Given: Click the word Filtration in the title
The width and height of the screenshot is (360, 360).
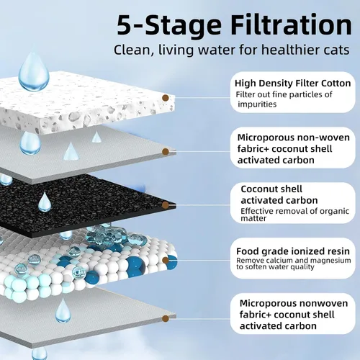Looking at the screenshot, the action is tap(292, 25).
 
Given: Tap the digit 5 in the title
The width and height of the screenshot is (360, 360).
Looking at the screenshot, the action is tap(125, 26).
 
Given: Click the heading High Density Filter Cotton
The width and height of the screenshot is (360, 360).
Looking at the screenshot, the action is tap(293, 84).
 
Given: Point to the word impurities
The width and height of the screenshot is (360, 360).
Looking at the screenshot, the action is tap(257, 104).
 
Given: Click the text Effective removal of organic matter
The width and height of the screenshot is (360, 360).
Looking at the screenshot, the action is tap(294, 215).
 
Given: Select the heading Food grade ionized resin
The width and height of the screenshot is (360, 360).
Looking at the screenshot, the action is tap(293, 251).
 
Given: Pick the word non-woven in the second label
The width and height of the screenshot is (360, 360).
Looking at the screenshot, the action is tap(323, 138).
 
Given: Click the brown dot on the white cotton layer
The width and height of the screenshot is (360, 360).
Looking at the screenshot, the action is tap(166, 98).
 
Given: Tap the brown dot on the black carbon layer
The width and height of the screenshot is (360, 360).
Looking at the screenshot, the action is tap(166, 205).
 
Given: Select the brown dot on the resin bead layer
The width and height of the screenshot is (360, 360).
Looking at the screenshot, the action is tap(166, 260).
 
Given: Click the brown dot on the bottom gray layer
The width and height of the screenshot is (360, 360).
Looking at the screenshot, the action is tap(166, 319).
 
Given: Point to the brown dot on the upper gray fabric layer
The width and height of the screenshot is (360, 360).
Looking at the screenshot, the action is tap(166, 151).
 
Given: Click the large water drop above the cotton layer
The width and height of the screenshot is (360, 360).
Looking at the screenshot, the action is tap(34, 72).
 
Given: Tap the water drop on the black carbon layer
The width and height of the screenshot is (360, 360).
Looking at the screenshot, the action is tap(45, 202).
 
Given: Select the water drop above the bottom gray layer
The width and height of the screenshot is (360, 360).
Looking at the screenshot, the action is tap(63, 311).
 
